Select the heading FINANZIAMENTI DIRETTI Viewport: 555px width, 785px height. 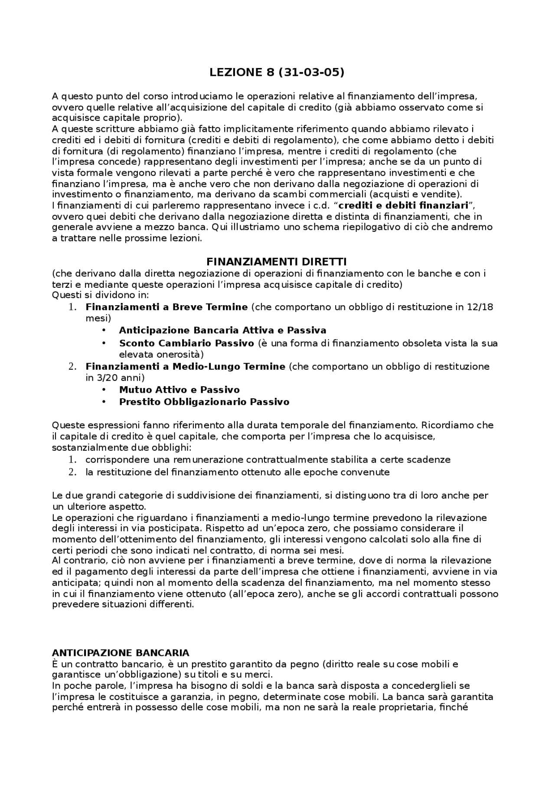click(276, 262)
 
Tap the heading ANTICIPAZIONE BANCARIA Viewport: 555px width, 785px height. click(121, 653)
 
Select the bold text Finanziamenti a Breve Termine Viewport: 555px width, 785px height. click(166, 307)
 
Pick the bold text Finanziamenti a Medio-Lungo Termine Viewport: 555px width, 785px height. click(186, 367)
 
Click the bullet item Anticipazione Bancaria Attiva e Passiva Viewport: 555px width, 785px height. click(222, 331)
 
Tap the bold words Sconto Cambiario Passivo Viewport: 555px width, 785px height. click(186, 343)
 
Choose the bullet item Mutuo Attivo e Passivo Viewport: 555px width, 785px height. click(179, 390)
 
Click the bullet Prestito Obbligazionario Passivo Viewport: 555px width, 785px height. click(204, 402)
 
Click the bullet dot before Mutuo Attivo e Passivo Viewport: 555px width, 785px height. click(104, 390)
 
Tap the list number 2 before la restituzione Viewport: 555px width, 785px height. click(72, 472)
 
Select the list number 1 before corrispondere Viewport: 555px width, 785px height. click(72, 460)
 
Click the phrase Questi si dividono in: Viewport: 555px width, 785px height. click(100, 295)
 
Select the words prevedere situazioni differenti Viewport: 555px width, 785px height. click(123, 605)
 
